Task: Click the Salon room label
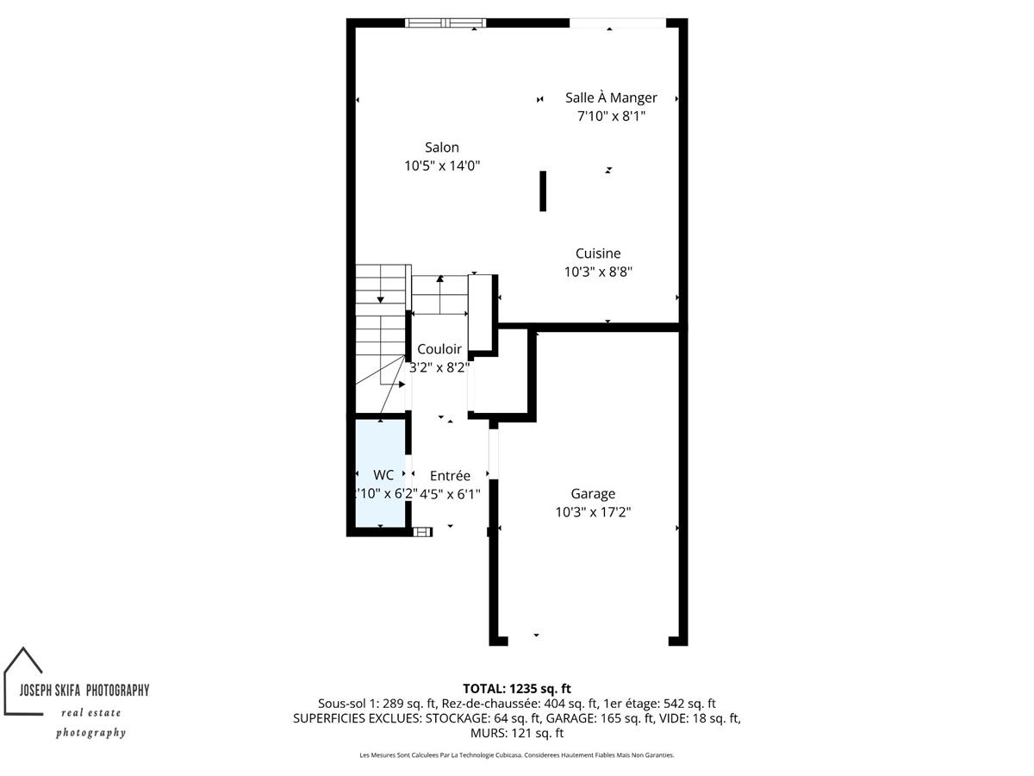[x=441, y=147]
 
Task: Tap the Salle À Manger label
[x=611, y=98]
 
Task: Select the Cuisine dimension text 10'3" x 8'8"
[x=598, y=272]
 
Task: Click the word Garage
[x=593, y=494]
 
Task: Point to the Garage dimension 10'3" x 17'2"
[x=593, y=512]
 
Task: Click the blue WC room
[x=380, y=473]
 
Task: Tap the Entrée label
[x=450, y=475]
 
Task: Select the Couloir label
[x=439, y=349]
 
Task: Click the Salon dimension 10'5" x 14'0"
[x=442, y=166]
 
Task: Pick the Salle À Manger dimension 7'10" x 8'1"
[x=611, y=116]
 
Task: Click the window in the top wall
[x=445, y=22]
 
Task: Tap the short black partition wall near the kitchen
[x=543, y=191]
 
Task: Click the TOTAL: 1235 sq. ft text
[x=517, y=689]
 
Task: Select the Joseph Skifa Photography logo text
[x=84, y=691]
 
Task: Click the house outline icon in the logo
[x=23, y=681]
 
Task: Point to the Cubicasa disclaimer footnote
[x=517, y=755]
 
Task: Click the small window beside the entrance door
[x=422, y=532]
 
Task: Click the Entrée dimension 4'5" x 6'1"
[x=450, y=494]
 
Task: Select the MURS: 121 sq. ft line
[x=517, y=733]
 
